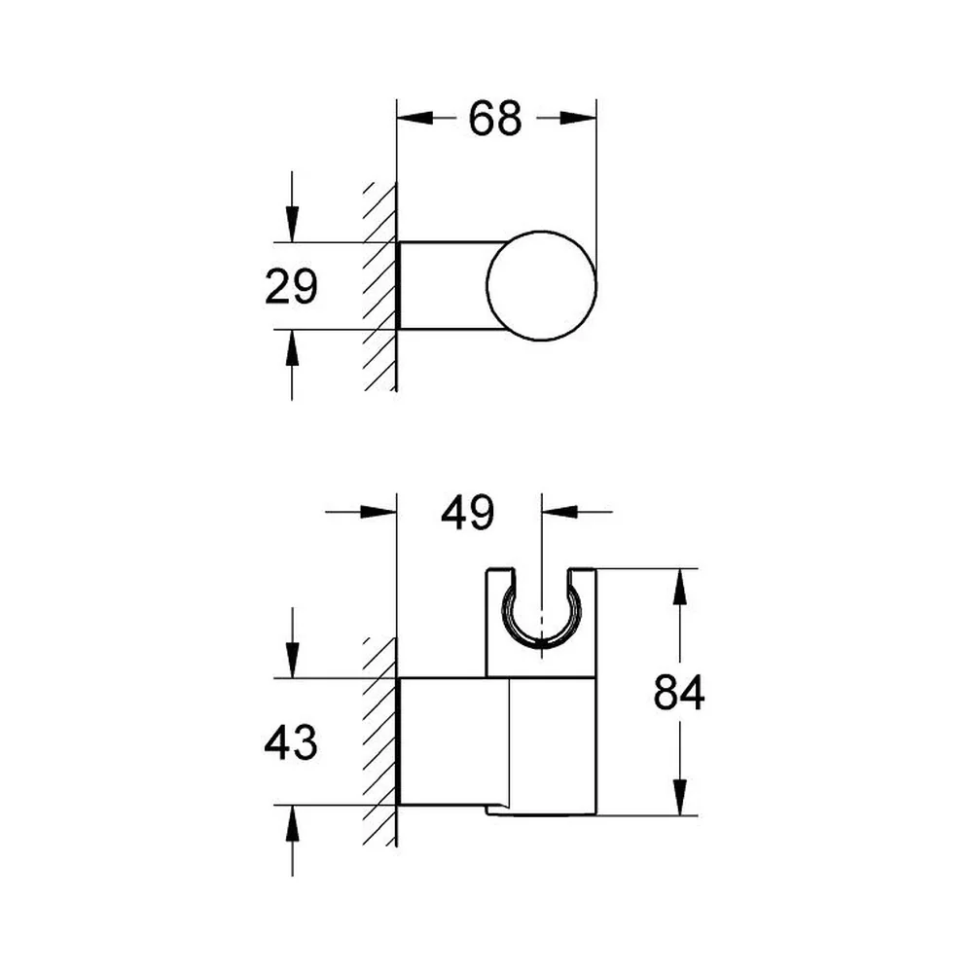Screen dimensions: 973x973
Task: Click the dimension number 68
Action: pos(494,119)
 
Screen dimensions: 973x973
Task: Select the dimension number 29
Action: pos(291,286)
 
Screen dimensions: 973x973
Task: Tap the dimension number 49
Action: pos(467,513)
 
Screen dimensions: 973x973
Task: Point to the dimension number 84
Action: pos(679,692)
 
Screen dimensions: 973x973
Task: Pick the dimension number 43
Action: pos(290,742)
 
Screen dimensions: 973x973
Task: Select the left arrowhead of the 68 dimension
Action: pos(414,118)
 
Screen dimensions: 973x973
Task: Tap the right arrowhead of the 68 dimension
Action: pos(578,118)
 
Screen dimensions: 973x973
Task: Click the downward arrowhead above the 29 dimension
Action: pos(292,224)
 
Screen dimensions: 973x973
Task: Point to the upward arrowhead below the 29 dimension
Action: pos(292,347)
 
